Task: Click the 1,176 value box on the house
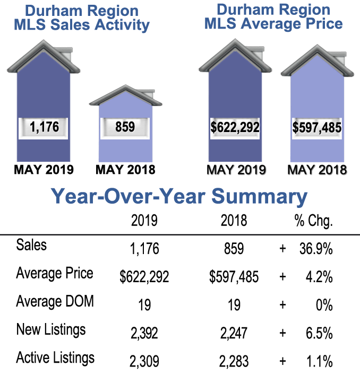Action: pyautogui.click(x=45, y=127)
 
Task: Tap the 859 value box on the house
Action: pyautogui.click(x=125, y=127)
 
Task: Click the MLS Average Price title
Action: pyautogui.click(x=272, y=16)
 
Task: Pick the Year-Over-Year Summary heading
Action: pyautogui.click(x=179, y=196)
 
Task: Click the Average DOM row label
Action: pyautogui.click(x=55, y=302)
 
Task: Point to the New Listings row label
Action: pyautogui.click(x=51, y=330)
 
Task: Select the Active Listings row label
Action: pyautogui.click(x=55, y=357)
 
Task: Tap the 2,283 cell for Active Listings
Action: pyautogui.click(x=234, y=361)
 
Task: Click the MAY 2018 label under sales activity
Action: pyautogui.click(x=125, y=170)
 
